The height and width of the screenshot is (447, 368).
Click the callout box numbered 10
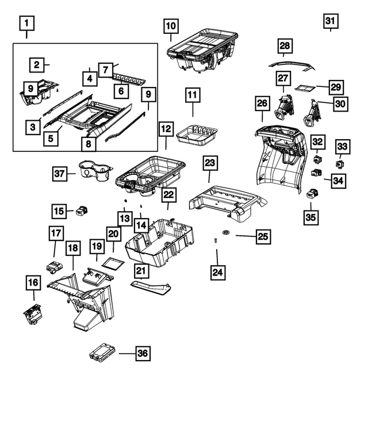coord(171,26)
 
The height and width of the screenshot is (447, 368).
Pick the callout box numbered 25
coord(262,236)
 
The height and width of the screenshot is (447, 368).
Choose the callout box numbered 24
coord(216,271)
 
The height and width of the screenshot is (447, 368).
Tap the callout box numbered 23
coord(209,164)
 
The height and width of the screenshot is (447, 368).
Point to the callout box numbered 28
coord(285,45)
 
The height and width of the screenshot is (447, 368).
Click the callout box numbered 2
coord(36,65)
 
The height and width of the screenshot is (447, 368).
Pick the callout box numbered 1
coord(27,24)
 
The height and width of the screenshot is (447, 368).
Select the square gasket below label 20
coord(113,263)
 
